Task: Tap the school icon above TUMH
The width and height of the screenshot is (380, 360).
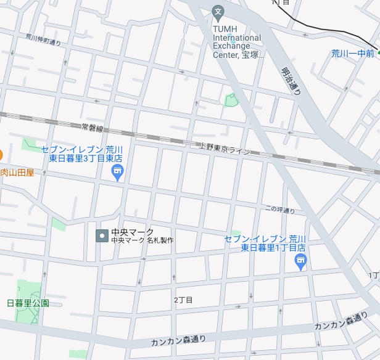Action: (x=217, y=11)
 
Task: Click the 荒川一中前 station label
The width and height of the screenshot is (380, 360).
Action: (x=352, y=54)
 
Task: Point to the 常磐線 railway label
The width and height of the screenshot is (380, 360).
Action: (x=93, y=128)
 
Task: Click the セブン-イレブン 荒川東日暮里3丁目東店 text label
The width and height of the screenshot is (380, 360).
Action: (x=82, y=154)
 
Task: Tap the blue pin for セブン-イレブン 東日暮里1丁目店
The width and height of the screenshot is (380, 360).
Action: (x=300, y=261)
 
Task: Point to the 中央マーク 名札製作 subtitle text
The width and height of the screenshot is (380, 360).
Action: (x=142, y=240)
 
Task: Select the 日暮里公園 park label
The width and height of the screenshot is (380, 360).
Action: (x=28, y=303)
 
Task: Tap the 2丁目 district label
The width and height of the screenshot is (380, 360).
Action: (x=184, y=300)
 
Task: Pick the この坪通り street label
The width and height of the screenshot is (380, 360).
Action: (x=279, y=210)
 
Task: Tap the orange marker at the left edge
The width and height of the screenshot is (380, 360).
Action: (x=1, y=154)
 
